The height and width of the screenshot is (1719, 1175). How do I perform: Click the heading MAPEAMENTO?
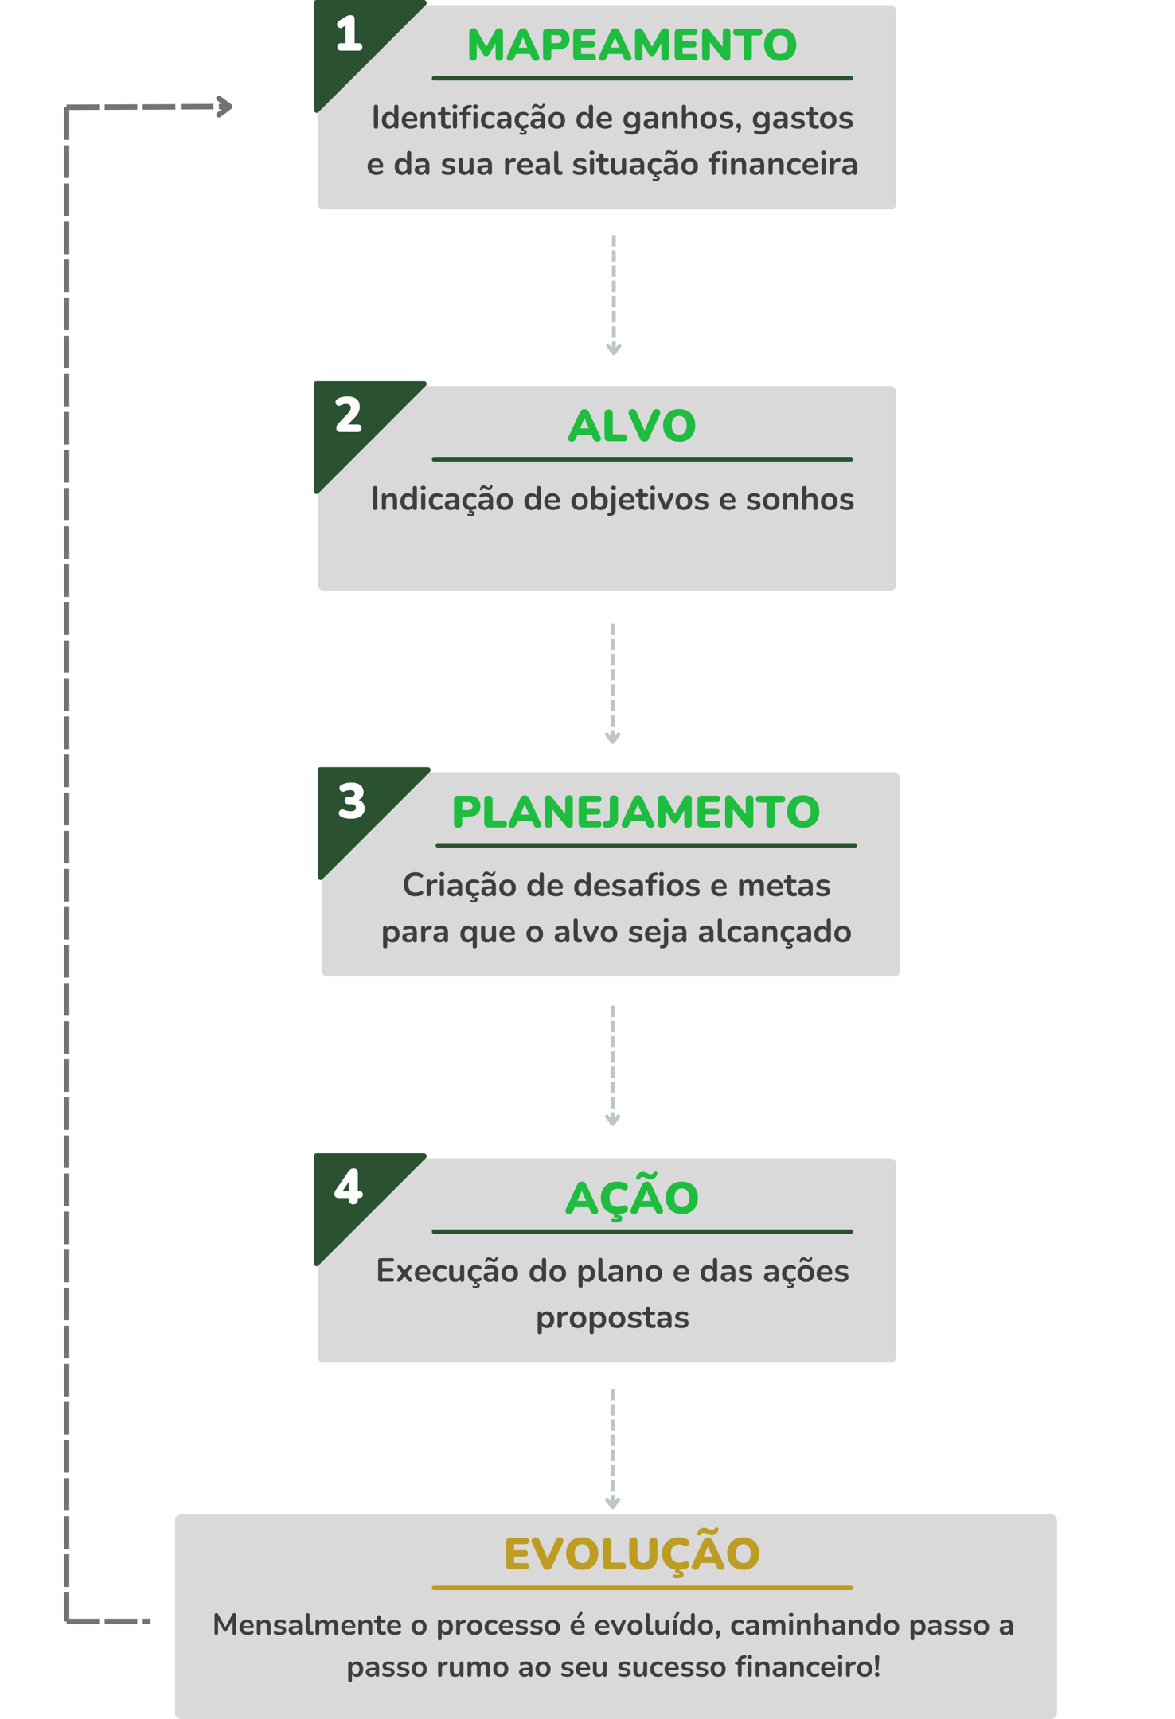pos(631,45)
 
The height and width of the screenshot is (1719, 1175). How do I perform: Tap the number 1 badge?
pos(349,35)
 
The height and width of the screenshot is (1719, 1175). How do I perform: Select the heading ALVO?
pos(631,426)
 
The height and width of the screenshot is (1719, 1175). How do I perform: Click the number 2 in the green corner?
pos(349,415)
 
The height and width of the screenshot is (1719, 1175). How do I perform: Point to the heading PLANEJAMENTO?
pos(635,812)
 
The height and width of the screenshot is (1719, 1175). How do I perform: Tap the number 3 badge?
pos(352,801)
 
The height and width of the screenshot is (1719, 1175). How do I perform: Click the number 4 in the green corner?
pos(349,1187)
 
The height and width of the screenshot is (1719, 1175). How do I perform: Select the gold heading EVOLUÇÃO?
pos(631,1553)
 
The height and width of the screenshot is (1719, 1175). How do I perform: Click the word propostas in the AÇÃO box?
pos(612,1317)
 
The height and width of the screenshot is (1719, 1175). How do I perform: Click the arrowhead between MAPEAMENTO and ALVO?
pos(613,349)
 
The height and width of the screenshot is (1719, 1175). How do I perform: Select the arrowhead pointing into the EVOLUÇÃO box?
pos(612,1503)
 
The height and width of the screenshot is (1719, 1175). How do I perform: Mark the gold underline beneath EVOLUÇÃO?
pos(642,1588)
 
